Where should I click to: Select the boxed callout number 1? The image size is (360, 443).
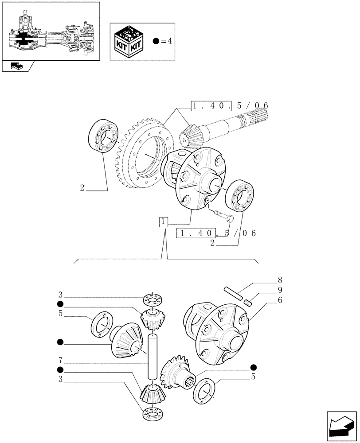(x=164, y=221)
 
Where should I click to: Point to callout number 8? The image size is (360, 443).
(x=280, y=280)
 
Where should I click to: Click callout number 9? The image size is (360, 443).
(x=280, y=290)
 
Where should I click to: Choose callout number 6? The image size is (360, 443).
(x=280, y=300)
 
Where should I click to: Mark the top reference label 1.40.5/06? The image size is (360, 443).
(x=230, y=105)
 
